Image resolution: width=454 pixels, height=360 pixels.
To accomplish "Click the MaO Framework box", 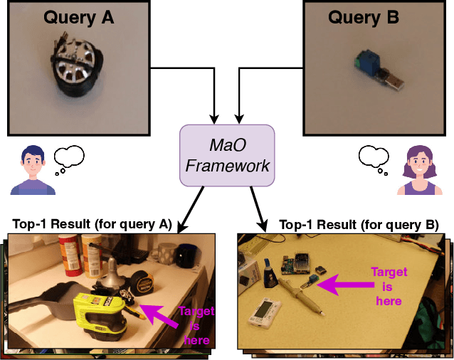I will (227, 156).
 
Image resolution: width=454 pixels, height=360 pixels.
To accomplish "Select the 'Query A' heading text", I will (78, 18).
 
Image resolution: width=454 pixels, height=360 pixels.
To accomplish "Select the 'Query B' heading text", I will (363, 18).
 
